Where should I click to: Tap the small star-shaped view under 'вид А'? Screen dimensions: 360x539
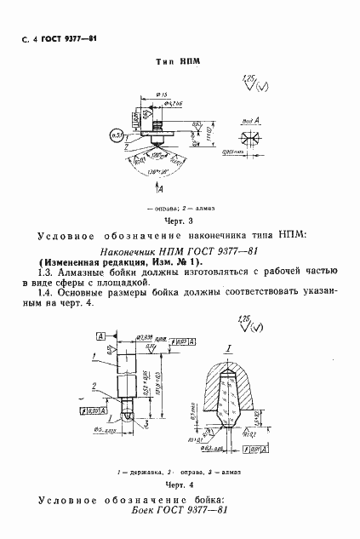(x=251, y=135)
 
